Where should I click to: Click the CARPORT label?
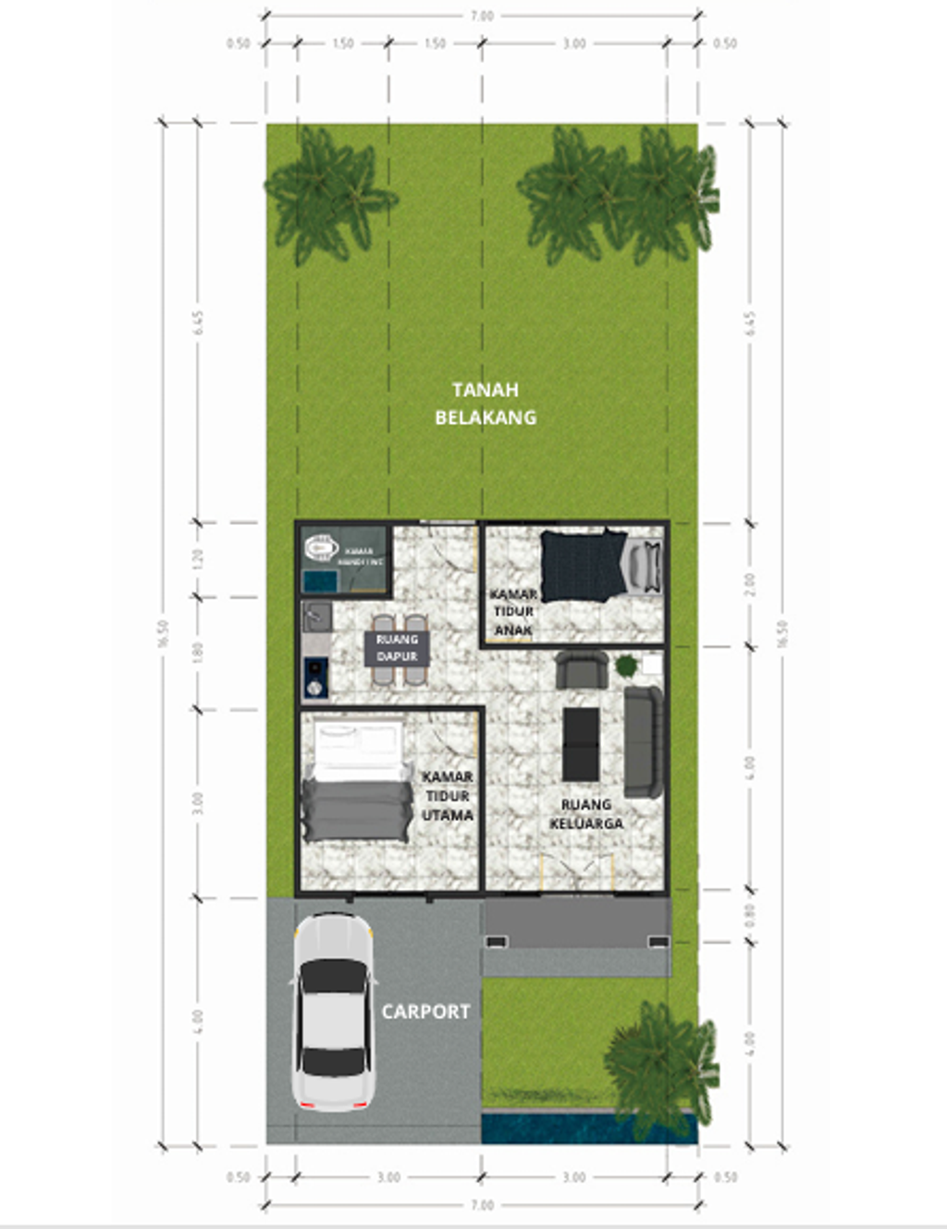tap(425, 1012)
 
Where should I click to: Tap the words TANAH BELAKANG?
tap(486, 403)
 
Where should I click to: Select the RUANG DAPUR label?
tap(397, 648)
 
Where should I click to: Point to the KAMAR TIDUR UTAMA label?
tap(448, 796)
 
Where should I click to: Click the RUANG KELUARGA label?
tap(586, 814)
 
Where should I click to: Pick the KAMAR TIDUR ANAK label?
tap(513, 612)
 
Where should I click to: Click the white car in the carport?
tap(334, 1012)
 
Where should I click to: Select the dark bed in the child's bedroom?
tap(583, 565)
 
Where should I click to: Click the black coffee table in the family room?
tap(581, 743)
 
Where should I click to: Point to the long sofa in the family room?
tap(644, 741)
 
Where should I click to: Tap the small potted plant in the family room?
tap(627, 664)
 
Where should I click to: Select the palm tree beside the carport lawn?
tap(660, 1064)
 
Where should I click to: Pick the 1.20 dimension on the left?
tap(197, 559)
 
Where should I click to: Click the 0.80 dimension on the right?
tap(750, 915)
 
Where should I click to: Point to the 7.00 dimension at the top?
tap(482, 16)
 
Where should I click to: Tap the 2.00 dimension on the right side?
tap(750, 583)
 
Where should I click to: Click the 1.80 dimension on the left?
tap(197, 652)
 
